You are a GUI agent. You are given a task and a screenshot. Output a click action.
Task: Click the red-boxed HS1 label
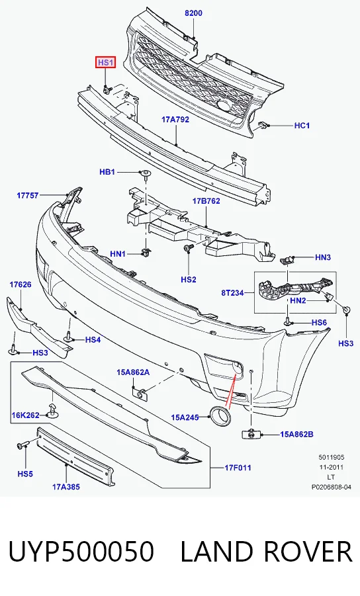(105, 62)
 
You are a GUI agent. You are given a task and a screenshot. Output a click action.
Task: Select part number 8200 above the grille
(193, 13)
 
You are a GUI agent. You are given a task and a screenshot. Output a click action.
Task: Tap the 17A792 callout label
(175, 120)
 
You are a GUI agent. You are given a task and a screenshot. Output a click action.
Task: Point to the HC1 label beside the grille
(302, 126)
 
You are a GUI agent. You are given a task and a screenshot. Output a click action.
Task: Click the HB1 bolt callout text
(107, 172)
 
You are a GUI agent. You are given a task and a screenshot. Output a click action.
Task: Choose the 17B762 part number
(206, 201)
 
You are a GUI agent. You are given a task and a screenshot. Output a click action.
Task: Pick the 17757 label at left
(28, 195)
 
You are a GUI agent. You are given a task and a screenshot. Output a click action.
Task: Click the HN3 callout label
(323, 257)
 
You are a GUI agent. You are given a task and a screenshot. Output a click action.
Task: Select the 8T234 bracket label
(232, 293)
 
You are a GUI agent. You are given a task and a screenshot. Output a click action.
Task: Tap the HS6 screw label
(320, 323)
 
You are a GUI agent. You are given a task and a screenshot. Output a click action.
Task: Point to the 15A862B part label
(297, 434)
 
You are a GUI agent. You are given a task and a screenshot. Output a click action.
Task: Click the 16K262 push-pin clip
(52, 411)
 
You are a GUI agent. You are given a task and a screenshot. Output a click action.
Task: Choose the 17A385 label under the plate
(66, 487)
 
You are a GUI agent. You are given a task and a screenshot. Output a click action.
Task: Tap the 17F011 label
(238, 468)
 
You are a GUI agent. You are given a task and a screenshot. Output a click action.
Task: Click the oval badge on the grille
(224, 106)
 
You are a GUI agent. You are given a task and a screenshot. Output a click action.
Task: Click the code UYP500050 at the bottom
(81, 552)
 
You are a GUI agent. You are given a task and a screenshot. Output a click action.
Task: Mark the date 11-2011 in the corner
(330, 467)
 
